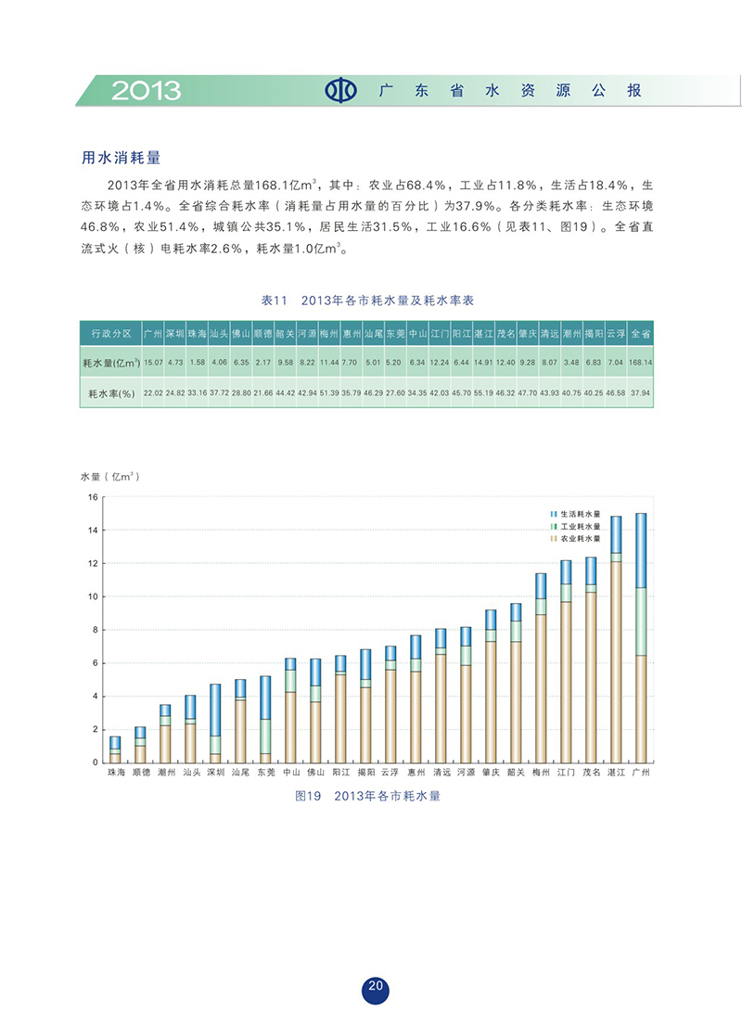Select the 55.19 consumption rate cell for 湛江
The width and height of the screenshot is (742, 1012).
pyautogui.click(x=484, y=393)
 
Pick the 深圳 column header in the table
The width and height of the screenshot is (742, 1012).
pyautogui.click(x=175, y=332)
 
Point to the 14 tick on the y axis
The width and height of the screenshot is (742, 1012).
pyautogui.click(x=93, y=531)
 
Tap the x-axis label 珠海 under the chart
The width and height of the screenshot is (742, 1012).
pyautogui.click(x=115, y=773)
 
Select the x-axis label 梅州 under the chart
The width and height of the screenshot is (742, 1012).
pyautogui.click(x=541, y=773)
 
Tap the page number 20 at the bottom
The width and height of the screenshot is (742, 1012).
pyautogui.click(x=376, y=987)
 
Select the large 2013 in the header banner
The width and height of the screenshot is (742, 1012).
pyautogui.click(x=146, y=91)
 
